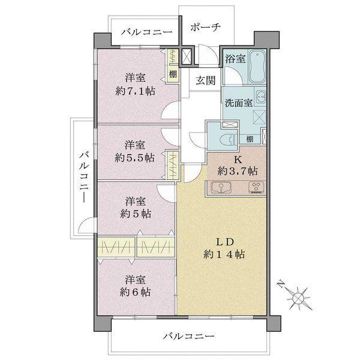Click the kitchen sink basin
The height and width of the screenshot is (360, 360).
pyautogui.click(x=219, y=188)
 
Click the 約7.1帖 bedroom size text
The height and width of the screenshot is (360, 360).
pyautogui.click(x=136, y=90)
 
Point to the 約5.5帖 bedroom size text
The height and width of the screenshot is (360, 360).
pyautogui.click(x=136, y=157)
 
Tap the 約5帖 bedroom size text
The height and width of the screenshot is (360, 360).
pyautogui.click(x=136, y=213)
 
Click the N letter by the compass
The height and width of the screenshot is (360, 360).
pyautogui.click(x=280, y=284)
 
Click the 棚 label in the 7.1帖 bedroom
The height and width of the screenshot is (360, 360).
pyautogui.click(x=173, y=75)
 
